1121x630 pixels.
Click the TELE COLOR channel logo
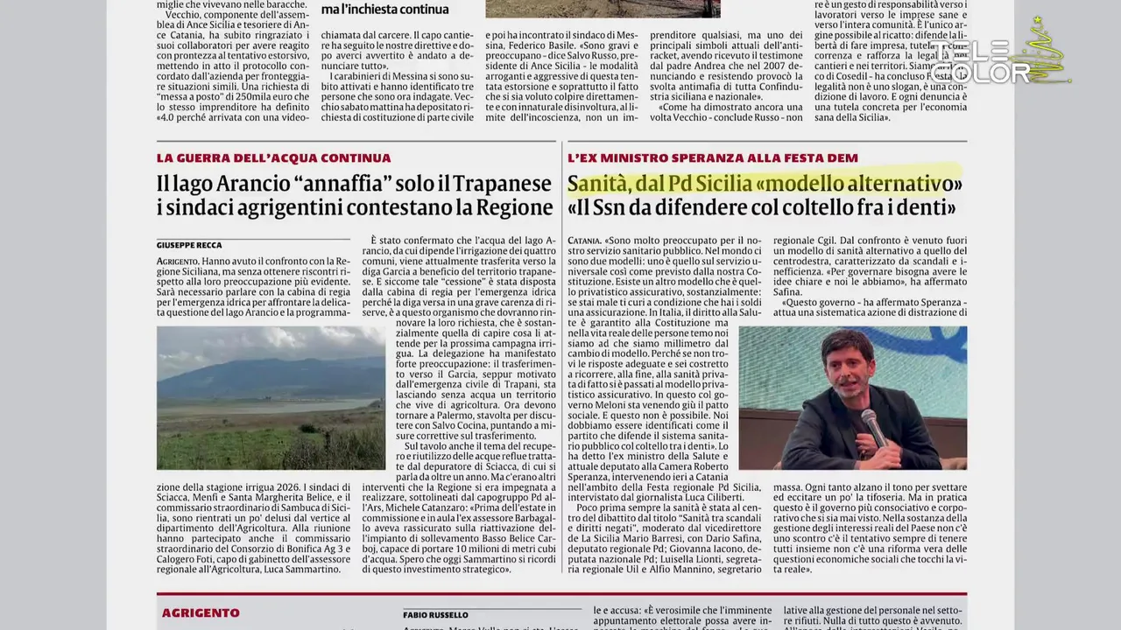[x=981, y=61]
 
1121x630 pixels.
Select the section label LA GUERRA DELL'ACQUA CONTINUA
[x=274, y=158]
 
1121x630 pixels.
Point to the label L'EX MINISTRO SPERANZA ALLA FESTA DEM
[x=713, y=158]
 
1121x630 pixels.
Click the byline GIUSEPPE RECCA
[x=189, y=245]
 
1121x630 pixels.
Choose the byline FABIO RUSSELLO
[x=435, y=615]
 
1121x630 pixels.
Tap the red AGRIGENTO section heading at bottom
[x=201, y=612]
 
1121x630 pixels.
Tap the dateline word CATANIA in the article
[x=583, y=240]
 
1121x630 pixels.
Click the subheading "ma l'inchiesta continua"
[x=384, y=10]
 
